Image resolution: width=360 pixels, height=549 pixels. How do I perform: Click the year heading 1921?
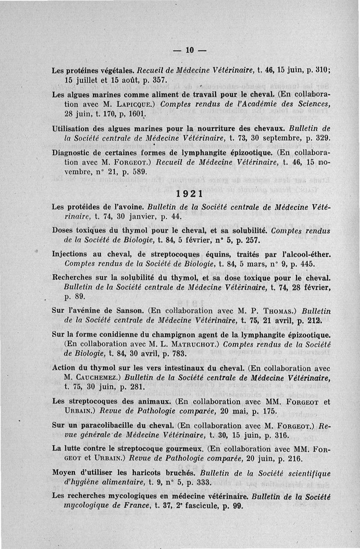coord(189,195)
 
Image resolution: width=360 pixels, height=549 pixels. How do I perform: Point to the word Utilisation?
coord(74,128)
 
